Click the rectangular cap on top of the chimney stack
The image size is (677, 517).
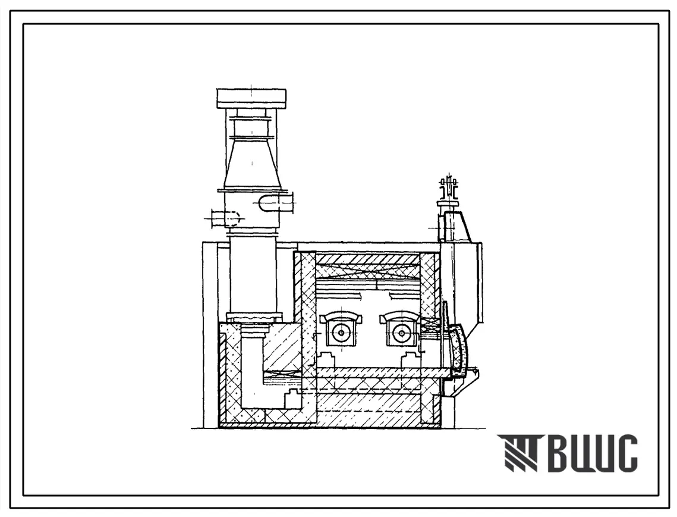tap(251, 98)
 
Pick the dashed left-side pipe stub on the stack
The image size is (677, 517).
tap(225, 219)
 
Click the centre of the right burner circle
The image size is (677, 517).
tap(401, 333)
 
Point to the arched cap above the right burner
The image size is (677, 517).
tap(400, 317)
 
